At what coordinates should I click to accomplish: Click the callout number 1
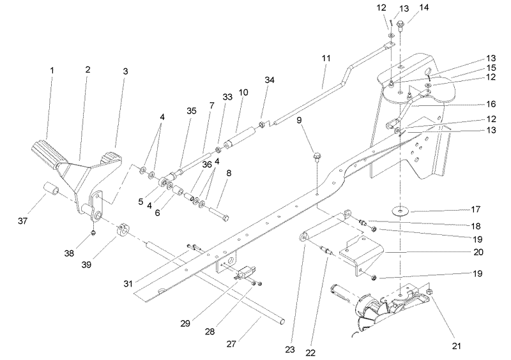pyautogui.click(x=52, y=70)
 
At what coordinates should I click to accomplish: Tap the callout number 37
pyautogui.click(x=22, y=221)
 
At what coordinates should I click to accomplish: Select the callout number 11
pyautogui.click(x=326, y=58)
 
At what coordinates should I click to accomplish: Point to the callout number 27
pyautogui.click(x=231, y=344)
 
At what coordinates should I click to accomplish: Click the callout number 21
pyautogui.click(x=457, y=346)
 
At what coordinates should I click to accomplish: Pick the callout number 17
pyautogui.click(x=476, y=209)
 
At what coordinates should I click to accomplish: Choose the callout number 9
pyautogui.click(x=299, y=120)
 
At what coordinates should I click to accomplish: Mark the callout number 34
pyautogui.click(x=270, y=80)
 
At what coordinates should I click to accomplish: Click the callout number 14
pyautogui.click(x=424, y=7)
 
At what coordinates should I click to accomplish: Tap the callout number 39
pyautogui.click(x=86, y=264)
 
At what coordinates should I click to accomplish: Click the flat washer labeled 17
pyautogui.click(x=400, y=211)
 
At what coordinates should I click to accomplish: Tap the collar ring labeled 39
pyautogui.click(x=123, y=229)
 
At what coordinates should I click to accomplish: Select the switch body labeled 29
pyautogui.click(x=245, y=272)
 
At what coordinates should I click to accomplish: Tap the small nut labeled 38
pyautogui.click(x=93, y=232)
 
